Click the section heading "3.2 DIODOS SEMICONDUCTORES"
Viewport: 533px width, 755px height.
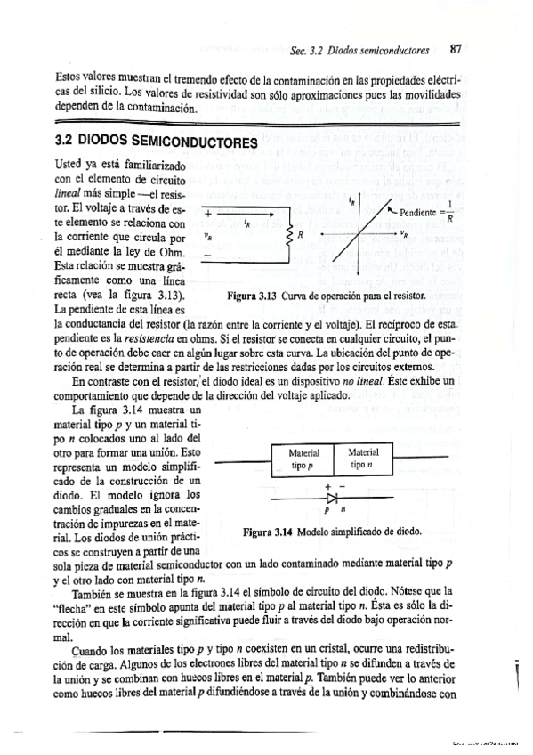[155, 142]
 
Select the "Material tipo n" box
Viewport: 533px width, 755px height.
[363, 459]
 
